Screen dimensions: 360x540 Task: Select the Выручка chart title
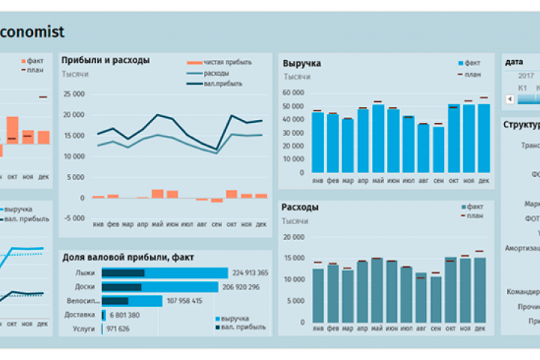click(x=301, y=64)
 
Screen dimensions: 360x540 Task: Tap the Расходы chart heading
click(x=300, y=208)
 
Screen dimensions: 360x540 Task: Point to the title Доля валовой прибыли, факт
click(x=128, y=257)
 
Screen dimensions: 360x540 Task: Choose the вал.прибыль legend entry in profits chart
click(x=223, y=83)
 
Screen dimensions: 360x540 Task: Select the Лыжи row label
click(x=85, y=273)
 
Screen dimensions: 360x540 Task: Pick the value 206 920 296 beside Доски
click(x=250, y=287)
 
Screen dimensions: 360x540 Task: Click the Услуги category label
click(x=83, y=328)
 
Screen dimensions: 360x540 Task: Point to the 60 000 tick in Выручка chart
click(x=293, y=92)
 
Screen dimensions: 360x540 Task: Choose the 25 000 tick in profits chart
click(x=74, y=94)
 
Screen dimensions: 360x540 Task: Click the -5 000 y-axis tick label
click(x=74, y=218)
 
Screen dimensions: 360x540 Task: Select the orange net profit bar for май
click(x=157, y=193)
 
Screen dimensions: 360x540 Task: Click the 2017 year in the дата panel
click(x=526, y=76)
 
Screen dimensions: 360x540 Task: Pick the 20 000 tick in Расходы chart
click(x=293, y=237)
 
